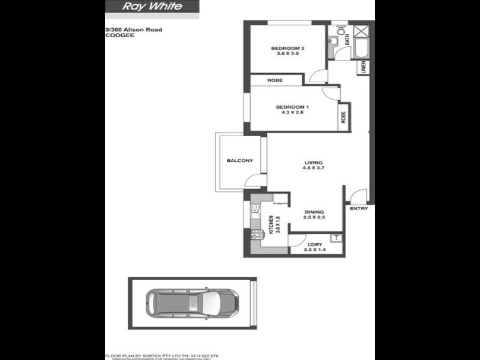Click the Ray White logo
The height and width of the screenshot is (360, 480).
pos(152,7)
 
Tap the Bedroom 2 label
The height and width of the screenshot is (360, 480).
pos(288,48)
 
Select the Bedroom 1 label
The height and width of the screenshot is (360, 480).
pos(292,107)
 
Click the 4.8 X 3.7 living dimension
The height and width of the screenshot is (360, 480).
pos(313,168)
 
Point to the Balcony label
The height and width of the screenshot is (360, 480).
pos(239,160)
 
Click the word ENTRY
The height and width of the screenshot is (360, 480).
pos(358,209)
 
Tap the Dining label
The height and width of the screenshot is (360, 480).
pos(314,212)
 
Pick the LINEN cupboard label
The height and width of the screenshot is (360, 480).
pos(364,68)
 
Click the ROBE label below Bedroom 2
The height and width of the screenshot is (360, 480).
pos(275,80)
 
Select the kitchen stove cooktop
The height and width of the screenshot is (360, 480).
pos(256,235)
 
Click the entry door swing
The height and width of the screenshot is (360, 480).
pos(358,196)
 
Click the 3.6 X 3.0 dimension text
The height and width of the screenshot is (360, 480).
pos(288,54)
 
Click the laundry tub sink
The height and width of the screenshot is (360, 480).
pos(336,238)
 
